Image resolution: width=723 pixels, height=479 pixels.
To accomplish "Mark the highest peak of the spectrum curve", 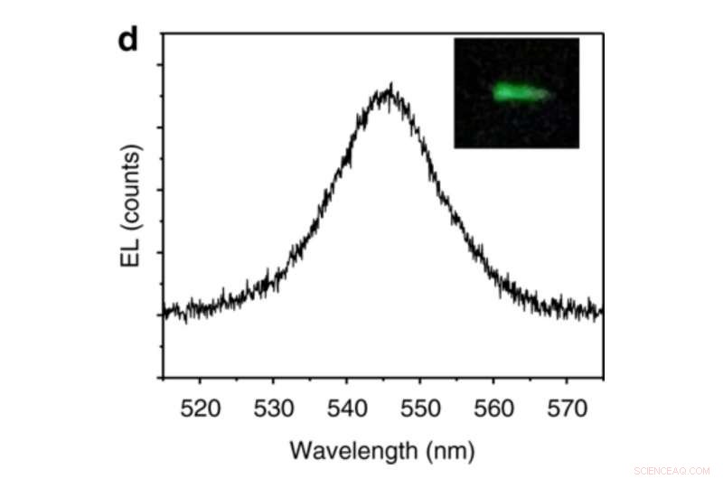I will point(390,86).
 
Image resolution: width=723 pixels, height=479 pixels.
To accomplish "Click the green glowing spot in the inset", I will point(517,92).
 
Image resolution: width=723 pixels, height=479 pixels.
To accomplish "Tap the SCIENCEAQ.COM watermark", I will point(672,470).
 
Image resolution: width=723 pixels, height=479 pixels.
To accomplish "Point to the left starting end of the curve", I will point(164,313).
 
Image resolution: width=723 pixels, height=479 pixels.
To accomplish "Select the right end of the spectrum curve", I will point(602,313).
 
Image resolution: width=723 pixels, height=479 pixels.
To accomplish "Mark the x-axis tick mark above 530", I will point(274,374).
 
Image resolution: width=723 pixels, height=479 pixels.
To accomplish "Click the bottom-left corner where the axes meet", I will point(163,378).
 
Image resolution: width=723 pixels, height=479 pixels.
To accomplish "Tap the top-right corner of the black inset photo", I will point(578,39).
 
